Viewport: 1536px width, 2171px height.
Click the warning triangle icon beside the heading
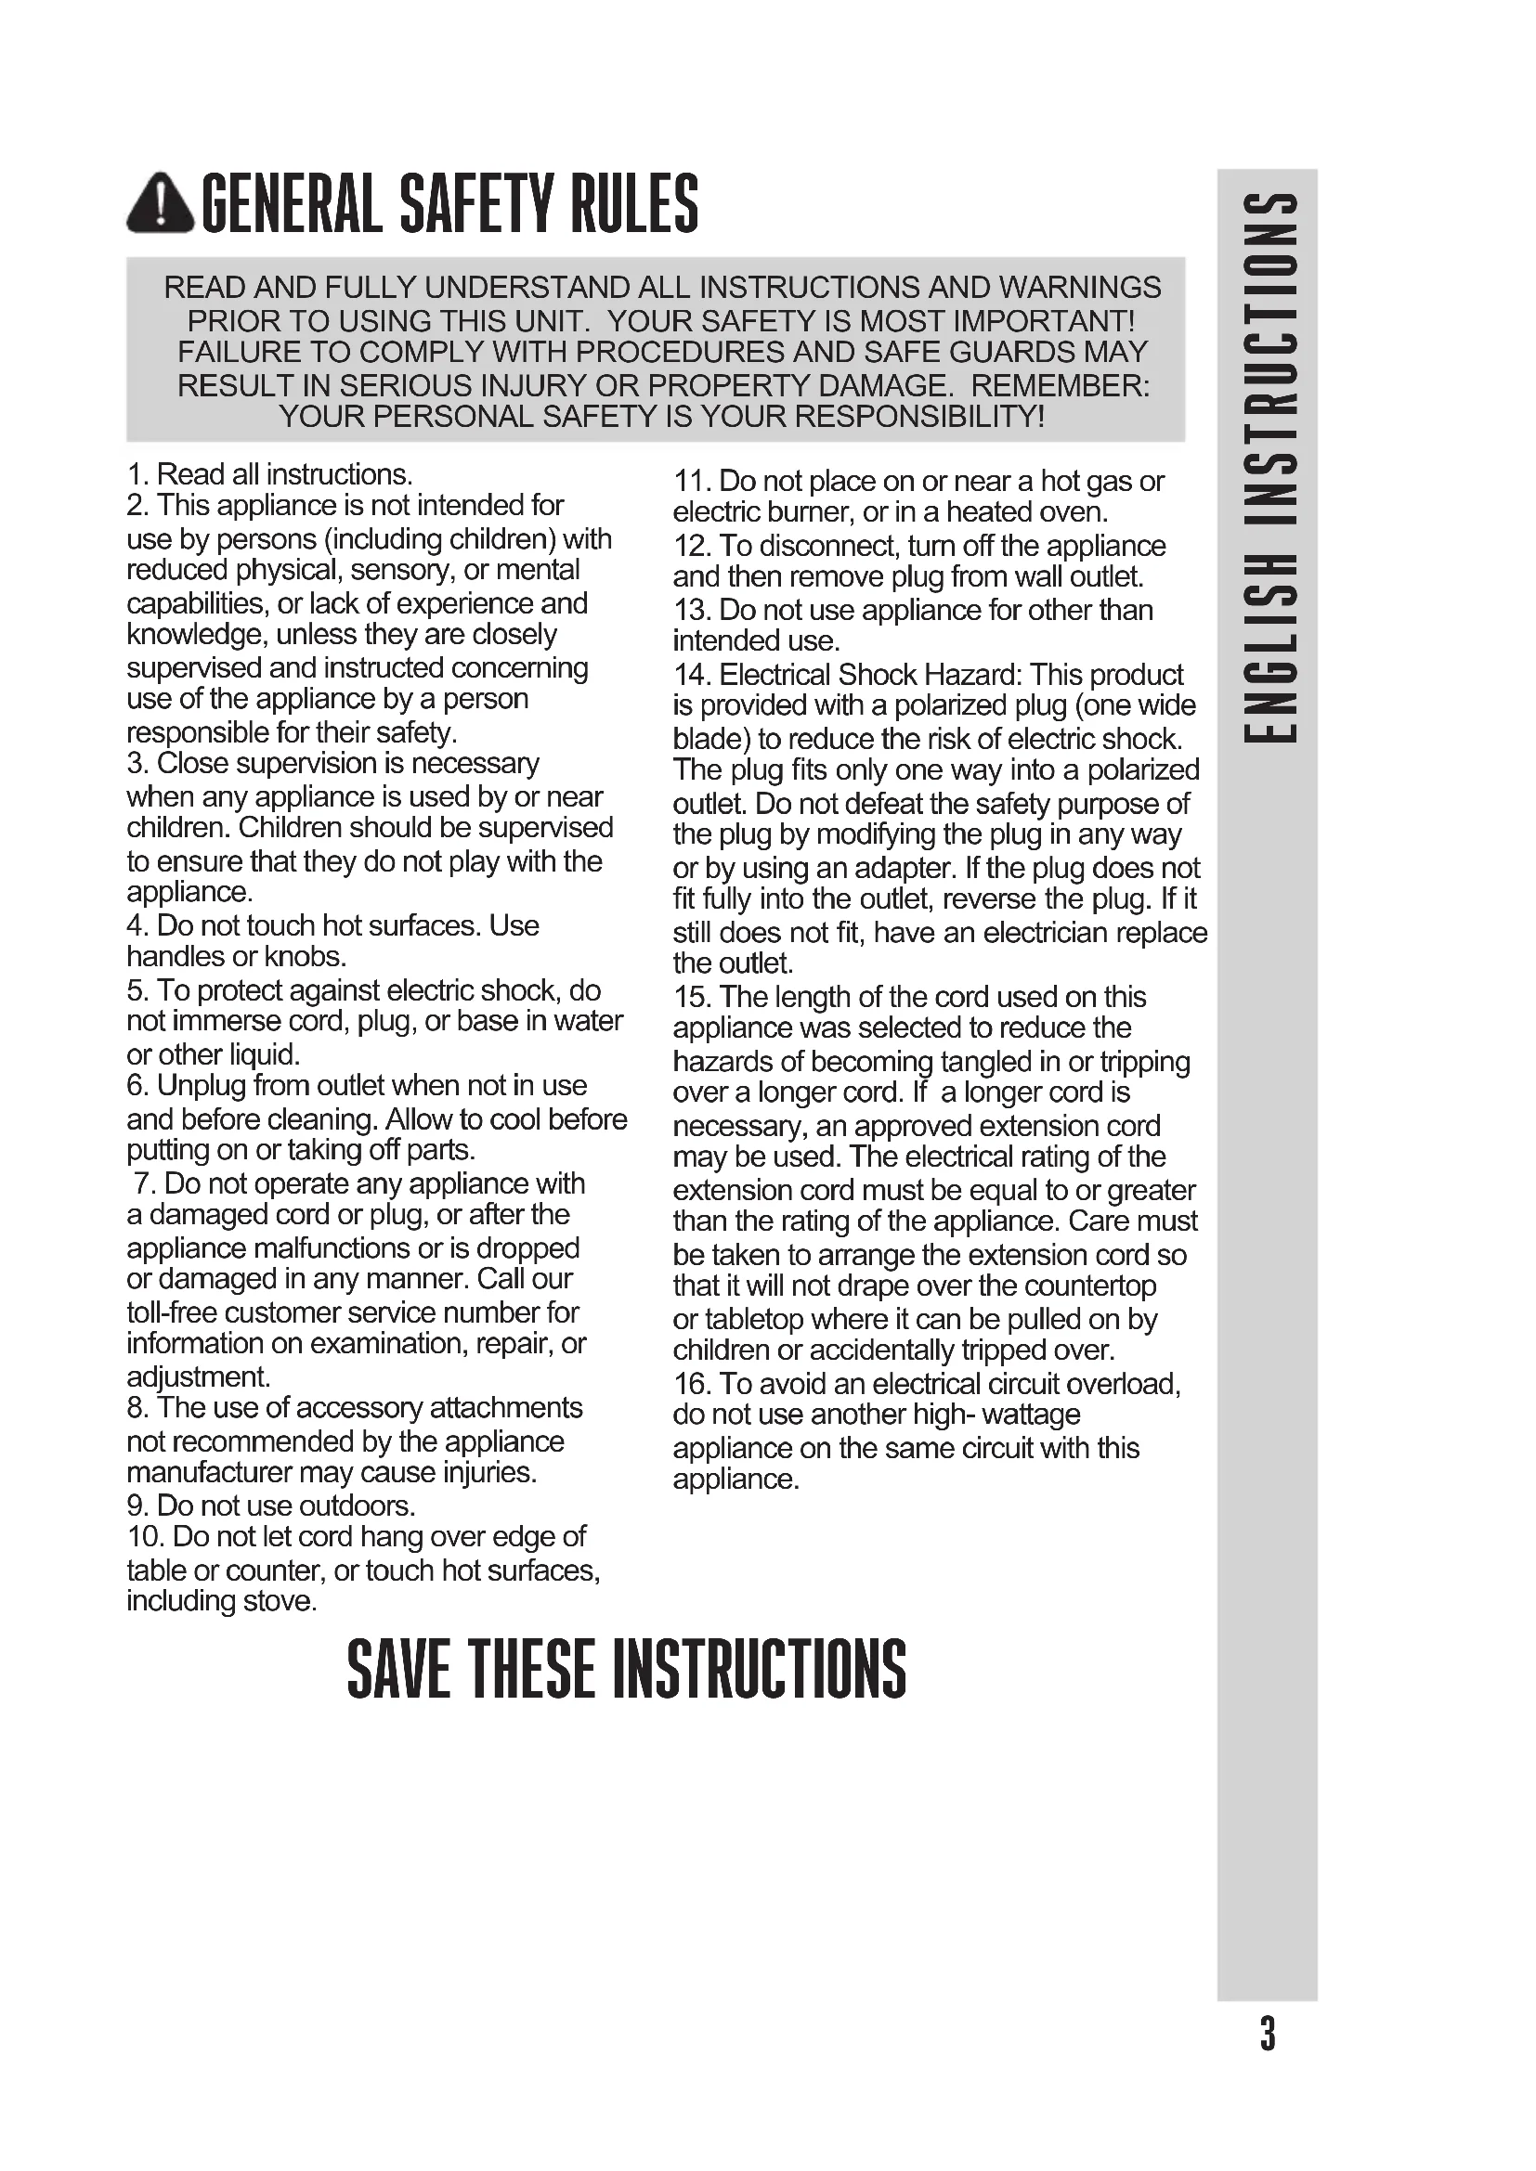coord(161,203)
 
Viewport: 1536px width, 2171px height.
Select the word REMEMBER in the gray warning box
coord(1060,386)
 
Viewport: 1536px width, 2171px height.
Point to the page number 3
coord(1268,2033)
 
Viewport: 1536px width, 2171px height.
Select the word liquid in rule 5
coord(260,1054)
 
